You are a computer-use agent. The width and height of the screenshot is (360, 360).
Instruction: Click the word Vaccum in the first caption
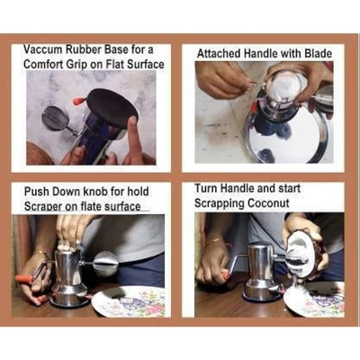coord(43,50)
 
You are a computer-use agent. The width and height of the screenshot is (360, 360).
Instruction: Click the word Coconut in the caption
coord(269,203)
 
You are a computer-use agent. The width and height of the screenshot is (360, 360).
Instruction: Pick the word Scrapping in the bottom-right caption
coord(220,204)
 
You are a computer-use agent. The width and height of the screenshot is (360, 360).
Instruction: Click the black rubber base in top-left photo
coord(112,106)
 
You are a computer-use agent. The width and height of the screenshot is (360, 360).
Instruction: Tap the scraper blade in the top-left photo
coord(54,118)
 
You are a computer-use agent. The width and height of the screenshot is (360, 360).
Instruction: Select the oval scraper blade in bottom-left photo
coord(105,264)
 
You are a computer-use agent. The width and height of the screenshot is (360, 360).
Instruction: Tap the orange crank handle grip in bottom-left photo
coord(23,279)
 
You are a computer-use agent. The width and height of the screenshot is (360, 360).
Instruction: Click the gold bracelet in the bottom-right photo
coord(215,240)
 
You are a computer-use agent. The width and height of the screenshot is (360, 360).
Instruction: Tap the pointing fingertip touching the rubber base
coord(132,122)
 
